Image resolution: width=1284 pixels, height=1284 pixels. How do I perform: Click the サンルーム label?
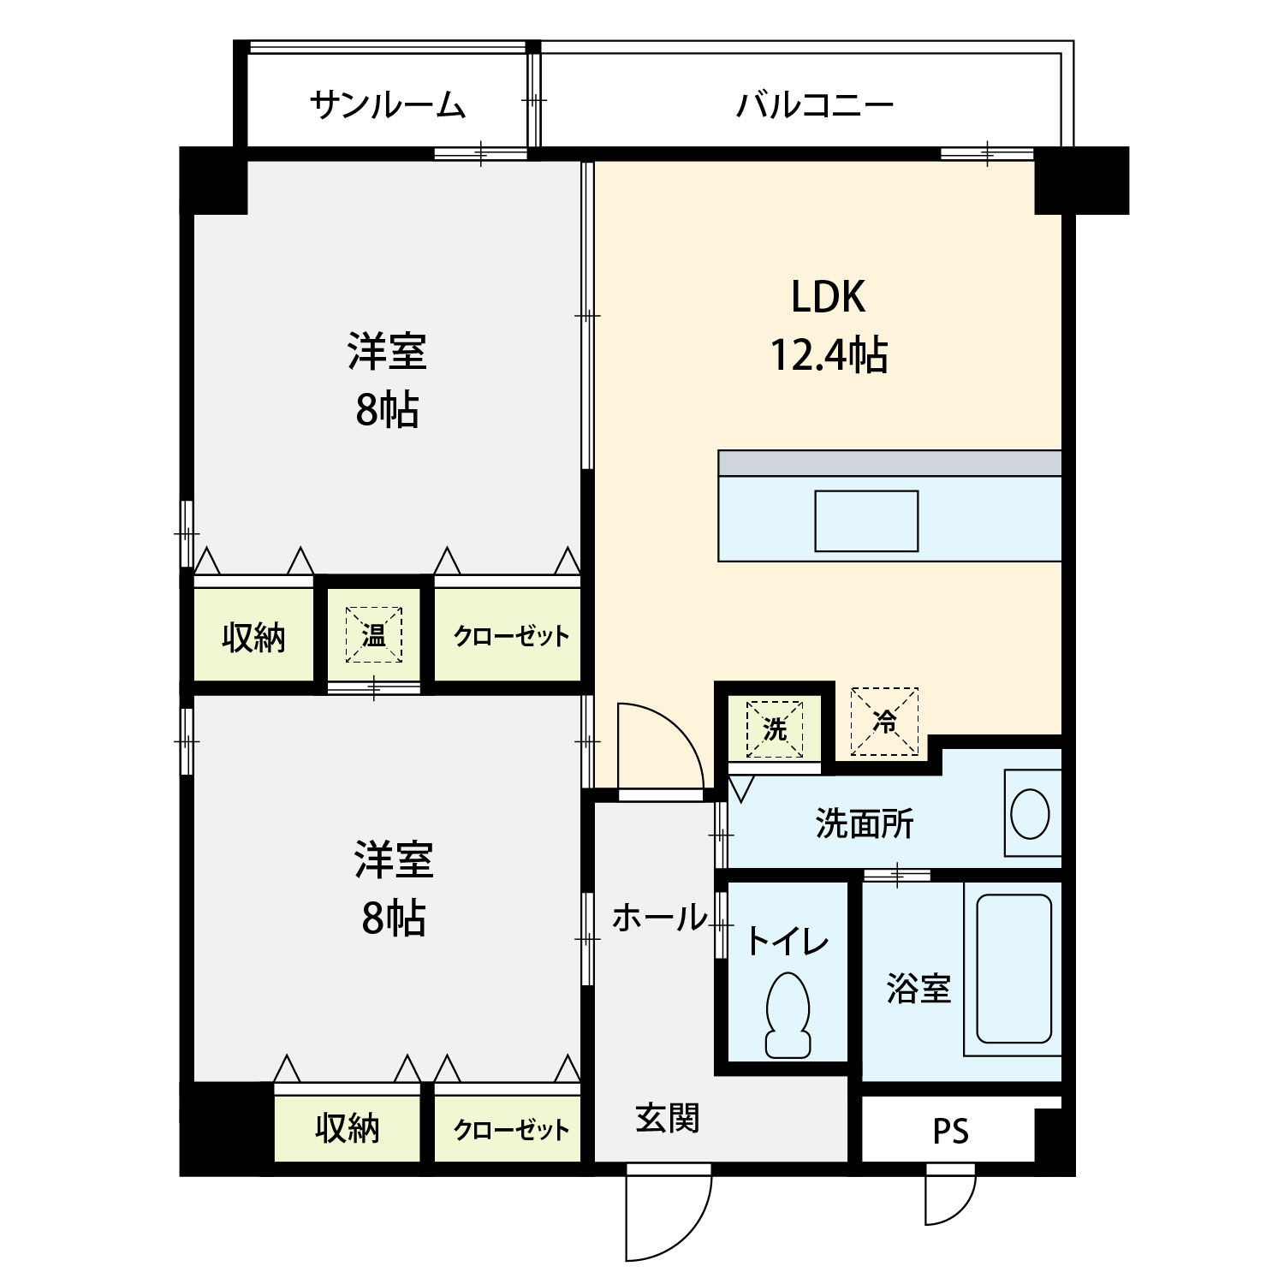pyautogui.click(x=388, y=105)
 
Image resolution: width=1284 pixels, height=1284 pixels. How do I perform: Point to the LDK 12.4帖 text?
pyautogui.click(x=829, y=326)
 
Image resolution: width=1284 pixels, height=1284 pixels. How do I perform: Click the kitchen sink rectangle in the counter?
pyautogui.click(x=866, y=520)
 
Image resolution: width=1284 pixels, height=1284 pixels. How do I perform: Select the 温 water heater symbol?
pyautogui.click(x=374, y=634)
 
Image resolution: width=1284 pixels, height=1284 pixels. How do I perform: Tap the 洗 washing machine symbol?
pyautogui.click(x=775, y=729)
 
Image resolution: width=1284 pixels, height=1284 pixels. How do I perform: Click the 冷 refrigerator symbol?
pyautogui.click(x=884, y=722)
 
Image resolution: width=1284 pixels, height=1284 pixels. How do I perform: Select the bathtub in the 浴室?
pyautogui.click(x=1014, y=968)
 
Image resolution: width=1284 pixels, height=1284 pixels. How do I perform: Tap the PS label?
pyautogui.click(x=950, y=1132)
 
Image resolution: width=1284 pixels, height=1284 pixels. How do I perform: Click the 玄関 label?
pyautogui.click(x=667, y=1118)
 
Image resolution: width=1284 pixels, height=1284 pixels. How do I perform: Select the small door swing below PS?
pyautogui.click(x=950, y=1194)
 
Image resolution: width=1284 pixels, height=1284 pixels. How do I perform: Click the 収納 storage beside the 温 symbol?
pyautogui.click(x=253, y=637)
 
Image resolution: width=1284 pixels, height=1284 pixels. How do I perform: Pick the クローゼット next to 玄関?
pyautogui.click(x=511, y=1128)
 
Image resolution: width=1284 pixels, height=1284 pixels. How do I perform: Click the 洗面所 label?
pyautogui.click(x=865, y=823)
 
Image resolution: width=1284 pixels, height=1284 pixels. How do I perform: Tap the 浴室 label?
pyautogui.click(x=918, y=989)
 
